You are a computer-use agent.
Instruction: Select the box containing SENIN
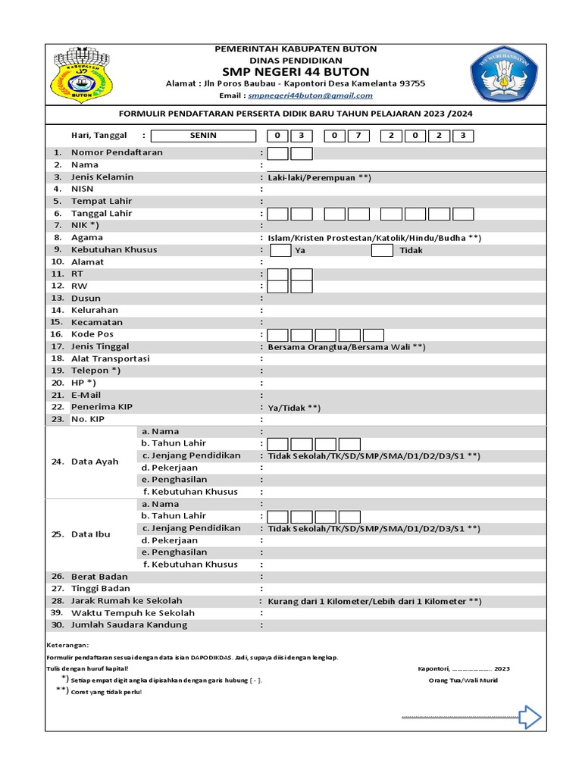(x=203, y=136)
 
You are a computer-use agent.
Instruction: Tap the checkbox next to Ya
(x=280, y=250)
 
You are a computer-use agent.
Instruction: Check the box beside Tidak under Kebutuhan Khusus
(x=382, y=250)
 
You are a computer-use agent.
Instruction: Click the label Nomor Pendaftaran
(x=117, y=152)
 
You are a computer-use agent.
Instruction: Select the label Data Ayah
(x=95, y=462)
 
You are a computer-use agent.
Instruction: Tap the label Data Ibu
(x=91, y=534)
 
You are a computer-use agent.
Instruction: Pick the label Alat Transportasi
(x=111, y=358)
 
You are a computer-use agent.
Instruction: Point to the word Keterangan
(x=67, y=645)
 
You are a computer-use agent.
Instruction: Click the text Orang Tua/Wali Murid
(x=463, y=681)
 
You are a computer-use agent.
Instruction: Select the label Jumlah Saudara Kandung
(x=129, y=625)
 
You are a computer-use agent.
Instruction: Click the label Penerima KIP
(x=102, y=407)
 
